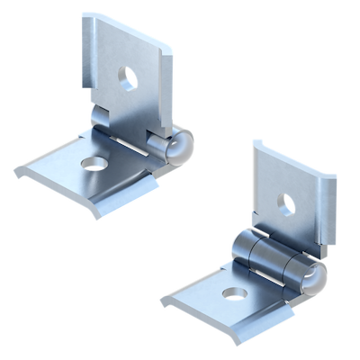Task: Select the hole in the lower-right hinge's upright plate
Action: click(287, 203)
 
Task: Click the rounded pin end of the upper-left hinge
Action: click(179, 144)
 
